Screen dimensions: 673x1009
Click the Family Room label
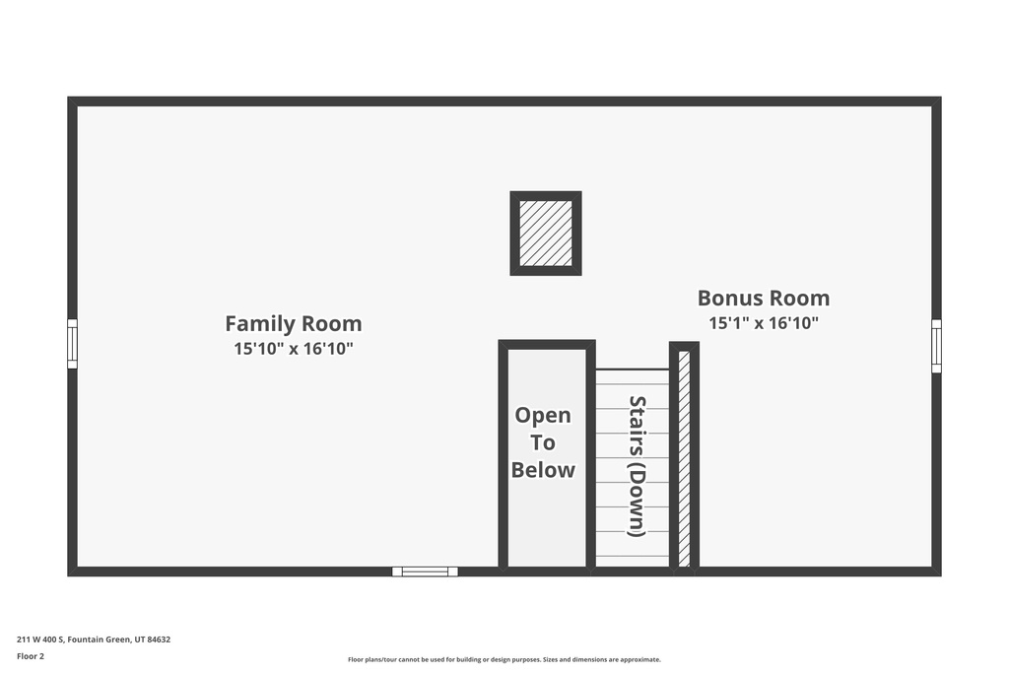tap(293, 323)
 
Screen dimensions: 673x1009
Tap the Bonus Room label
tap(763, 298)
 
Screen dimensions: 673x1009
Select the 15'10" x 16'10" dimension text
tap(293, 349)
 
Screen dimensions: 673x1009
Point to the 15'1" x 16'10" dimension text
tap(763, 323)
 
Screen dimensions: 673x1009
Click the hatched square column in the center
tap(546, 234)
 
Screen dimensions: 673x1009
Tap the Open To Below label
tap(543, 442)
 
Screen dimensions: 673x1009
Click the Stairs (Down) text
tap(637, 465)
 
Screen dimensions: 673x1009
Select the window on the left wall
tap(72, 344)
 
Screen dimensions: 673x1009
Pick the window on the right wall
tap(936, 346)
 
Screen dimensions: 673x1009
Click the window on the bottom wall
tap(425, 572)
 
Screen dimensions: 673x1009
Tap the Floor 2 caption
tap(31, 656)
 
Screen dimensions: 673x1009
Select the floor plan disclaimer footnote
tap(504, 660)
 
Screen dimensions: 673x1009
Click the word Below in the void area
tap(543, 470)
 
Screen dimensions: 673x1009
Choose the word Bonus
tap(730, 298)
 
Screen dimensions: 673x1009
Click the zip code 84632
tap(159, 639)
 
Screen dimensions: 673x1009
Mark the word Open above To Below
tap(543, 416)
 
